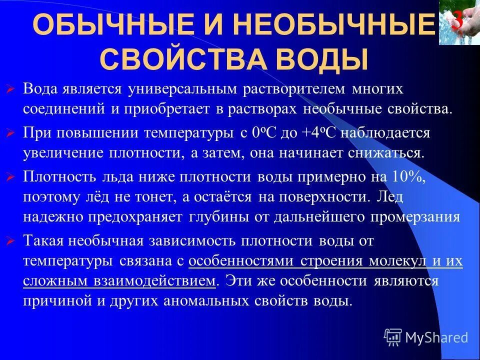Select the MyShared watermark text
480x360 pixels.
[x=436, y=337]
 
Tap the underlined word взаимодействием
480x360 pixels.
[x=165, y=280]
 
